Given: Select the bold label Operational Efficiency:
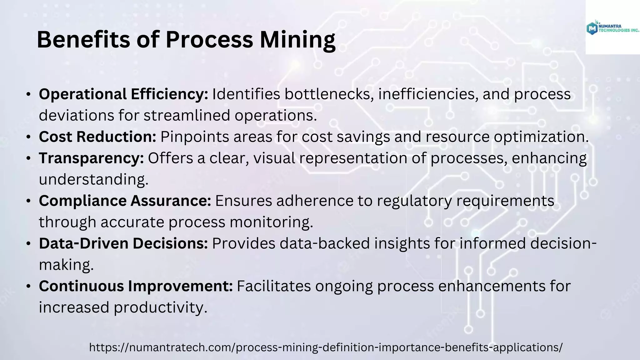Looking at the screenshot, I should point(123,94).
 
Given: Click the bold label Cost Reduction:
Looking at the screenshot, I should point(97,137).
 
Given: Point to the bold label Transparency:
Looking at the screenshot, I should point(91,158).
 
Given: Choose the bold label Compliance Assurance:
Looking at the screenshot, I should point(125,201).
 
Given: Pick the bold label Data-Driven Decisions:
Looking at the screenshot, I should point(123,243).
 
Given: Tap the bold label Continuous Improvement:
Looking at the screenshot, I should point(136,286).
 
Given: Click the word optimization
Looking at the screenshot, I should point(541,137).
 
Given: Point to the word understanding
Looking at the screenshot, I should point(93,180).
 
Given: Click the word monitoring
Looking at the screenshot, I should point(271,222).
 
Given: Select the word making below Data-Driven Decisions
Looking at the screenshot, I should point(66,265).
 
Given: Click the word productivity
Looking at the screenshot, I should point(160,307).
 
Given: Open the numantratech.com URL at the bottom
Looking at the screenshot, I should point(326,347).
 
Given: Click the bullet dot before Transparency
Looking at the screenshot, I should point(28,158).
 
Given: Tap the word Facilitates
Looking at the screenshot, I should point(274,286).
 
